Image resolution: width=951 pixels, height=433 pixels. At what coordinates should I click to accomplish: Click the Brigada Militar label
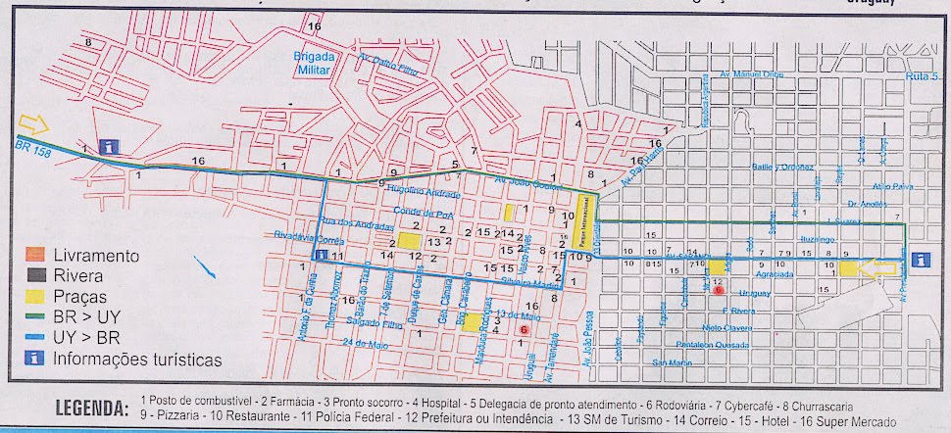tap(314, 62)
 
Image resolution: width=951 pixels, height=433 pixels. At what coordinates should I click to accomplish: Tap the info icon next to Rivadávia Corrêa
tap(321, 255)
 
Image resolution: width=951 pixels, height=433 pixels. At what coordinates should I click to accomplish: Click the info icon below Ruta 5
tap(920, 260)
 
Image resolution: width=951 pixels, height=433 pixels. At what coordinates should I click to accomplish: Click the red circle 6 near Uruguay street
tap(719, 291)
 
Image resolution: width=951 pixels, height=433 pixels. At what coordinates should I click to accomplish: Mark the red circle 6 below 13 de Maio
tap(525, 330)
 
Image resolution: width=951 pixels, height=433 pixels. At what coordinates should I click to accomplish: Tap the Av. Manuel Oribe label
tap(747, 73)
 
